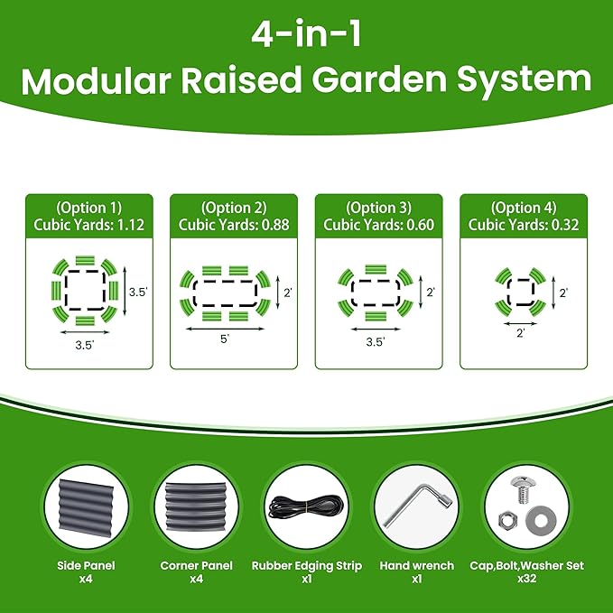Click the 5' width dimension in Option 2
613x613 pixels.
(x=224, y=339)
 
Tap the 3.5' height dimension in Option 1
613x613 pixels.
(x=137, y=292)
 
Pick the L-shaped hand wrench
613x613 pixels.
(x=416, y=508)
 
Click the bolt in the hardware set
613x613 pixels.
(x=522, y=492)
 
